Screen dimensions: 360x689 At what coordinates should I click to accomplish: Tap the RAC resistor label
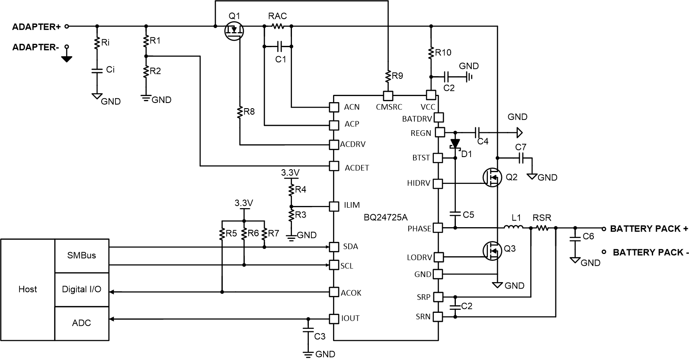click(x=277, y=16)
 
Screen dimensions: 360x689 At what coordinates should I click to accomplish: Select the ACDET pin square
click(x=333, y=166)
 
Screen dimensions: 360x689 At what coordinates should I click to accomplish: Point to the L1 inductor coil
click(x=513, y=228)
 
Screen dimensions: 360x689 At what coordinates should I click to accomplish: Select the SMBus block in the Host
click(x=81, y=255)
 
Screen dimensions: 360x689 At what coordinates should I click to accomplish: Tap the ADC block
click(x=81, y=323)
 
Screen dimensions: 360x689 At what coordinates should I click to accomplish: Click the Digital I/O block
click(x=81, y=289)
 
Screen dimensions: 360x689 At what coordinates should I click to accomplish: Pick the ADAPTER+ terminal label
click(x=36, y=26)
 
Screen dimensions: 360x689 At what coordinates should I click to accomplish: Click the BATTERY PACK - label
click(x=651, y=252)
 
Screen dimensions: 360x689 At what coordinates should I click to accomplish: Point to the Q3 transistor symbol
click(x=491, y=250)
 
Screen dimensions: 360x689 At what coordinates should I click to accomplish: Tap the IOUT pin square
click(x=333, y=319)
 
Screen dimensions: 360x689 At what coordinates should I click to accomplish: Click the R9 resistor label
click(x=397, y=76)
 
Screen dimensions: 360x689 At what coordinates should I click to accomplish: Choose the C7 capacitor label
click(x=521, y=147)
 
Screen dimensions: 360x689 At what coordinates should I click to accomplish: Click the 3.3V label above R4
click(x=290, y=173)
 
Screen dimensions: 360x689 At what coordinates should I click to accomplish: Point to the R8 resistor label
click(x=249, y=112)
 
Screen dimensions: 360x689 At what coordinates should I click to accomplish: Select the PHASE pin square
click(x=438, y=228)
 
